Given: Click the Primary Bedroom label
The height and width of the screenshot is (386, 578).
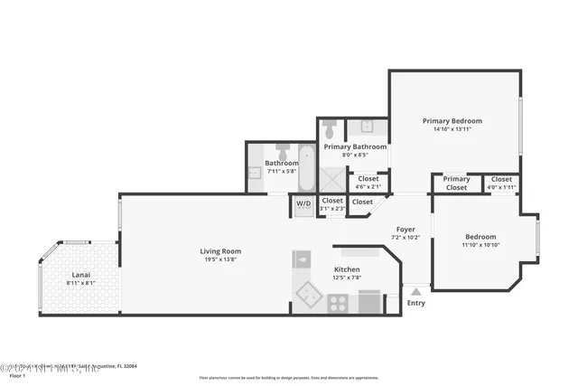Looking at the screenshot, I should pyautogui.click(x=452, y=121).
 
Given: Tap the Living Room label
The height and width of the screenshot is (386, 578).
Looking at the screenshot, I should pyautogui.click(x=220, y=251).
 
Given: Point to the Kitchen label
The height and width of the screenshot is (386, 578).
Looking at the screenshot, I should pyautogui.click(x=348, y=269).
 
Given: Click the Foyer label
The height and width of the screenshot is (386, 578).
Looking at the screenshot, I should pyautogui.click(x=406, y=230).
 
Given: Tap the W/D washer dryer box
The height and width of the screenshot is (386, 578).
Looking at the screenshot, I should pyautogui.click(x=303, y=204).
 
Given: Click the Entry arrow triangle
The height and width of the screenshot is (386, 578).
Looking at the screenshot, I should pyautogui.click(x=415, y=291).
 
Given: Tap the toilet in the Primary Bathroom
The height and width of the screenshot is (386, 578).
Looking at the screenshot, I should pyautogui.click(x=330, y=127).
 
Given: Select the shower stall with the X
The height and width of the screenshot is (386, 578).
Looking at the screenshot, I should pyautogui.click(x=330, y=178).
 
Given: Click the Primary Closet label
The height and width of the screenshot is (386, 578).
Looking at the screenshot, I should pyautogui.click(x=456, y=184).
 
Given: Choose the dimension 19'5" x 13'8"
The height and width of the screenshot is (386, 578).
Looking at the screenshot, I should pyautogui.click(x=220, y=259).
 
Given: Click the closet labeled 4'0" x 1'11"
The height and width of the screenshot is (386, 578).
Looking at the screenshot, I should pyautogui.click(x=501, y=184).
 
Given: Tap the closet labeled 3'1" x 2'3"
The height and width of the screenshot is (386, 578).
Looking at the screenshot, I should pyautogui.click(x=332, y=204).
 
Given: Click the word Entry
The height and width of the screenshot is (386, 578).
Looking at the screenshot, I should pyautogui.click(x=415, y=303).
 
